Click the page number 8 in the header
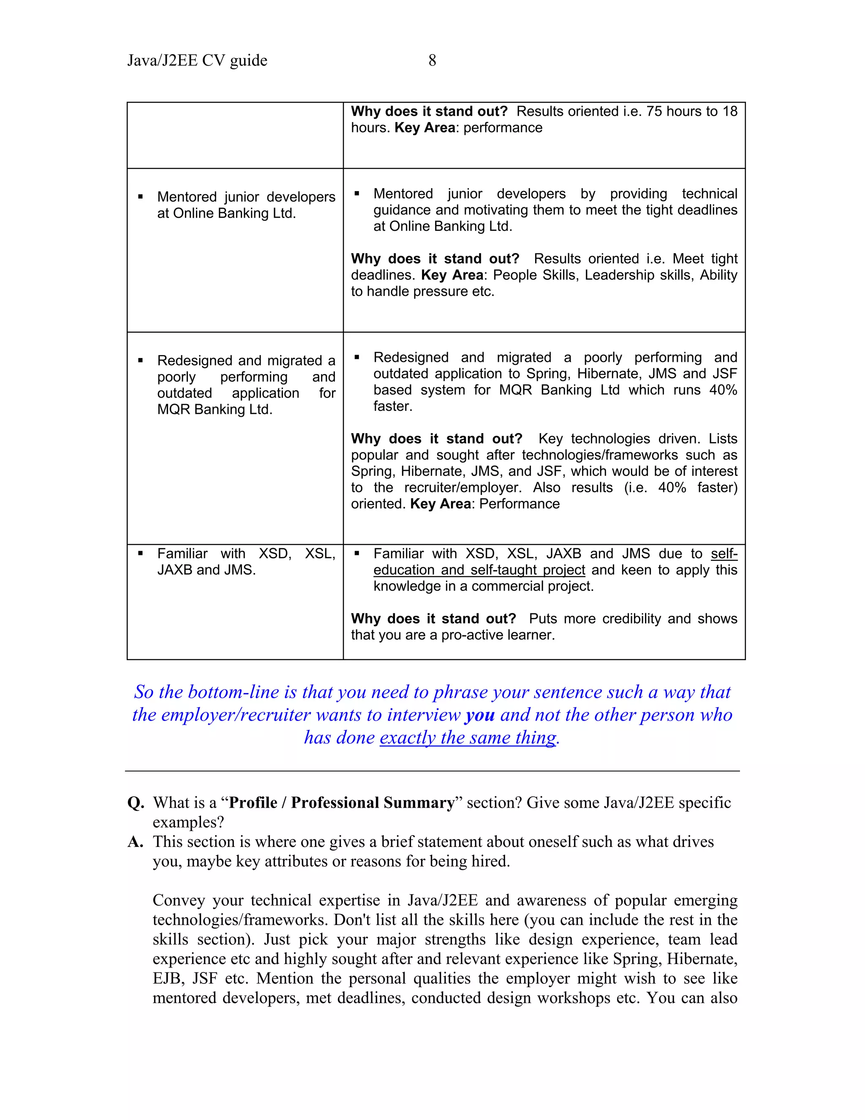coord(432,60)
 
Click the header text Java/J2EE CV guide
coord(197,60)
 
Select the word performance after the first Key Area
coord(503,128)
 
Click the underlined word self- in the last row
coord(724,554)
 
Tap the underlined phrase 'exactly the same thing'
coord(468,738)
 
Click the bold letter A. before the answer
coord(135,841)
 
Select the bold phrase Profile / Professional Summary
coord(341,803)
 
